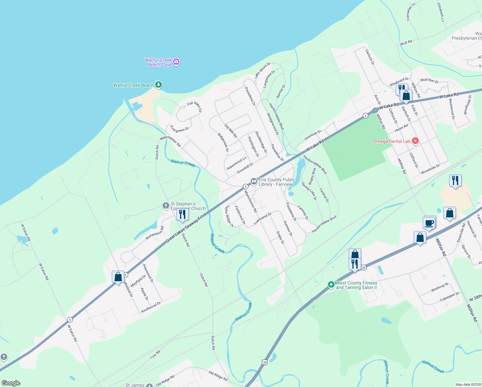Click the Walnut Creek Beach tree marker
(158, 85)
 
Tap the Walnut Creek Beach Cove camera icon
(176, 62)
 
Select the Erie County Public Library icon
(254, 182)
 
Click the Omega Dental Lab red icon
(415, 141)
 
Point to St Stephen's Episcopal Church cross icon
(166, 206)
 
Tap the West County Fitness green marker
(331, 285)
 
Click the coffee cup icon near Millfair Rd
(429, 223)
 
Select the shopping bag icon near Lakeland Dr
(118, 277)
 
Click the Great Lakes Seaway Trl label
(185, 229)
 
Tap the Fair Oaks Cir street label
(195, 107)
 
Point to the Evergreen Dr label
(179, 129)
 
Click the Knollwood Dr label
(151, 307)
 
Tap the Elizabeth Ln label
(440, 13)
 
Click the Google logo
(11, 383)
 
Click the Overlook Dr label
(313, 135)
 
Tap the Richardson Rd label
(155, 233)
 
